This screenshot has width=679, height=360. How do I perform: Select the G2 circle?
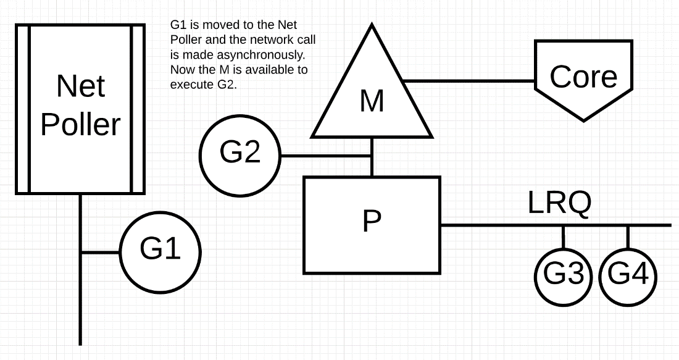click(x=240, y=154)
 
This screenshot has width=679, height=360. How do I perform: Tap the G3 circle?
click(x=564, y=274)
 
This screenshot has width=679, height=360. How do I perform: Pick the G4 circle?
click(x=628, y=274)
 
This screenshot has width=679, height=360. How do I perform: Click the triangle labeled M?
click(x=372, y=99)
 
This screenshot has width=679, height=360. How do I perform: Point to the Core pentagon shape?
click(x=583, y=77)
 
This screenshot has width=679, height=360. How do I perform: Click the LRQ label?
click(x=559, y=203)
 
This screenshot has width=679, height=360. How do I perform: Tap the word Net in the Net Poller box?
click(x=80, y=86)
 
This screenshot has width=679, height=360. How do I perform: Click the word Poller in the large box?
click(x=80, y=125)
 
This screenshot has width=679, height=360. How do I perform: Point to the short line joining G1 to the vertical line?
click(x=100, y=253)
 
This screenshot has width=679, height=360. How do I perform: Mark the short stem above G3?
click(x=564, y=236)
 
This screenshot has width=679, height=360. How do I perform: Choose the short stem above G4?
click(x=628, y=236)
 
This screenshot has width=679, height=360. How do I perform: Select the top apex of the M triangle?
click(x=372, y=27)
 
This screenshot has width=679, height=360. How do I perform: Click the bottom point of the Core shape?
click(x=583, y=119)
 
